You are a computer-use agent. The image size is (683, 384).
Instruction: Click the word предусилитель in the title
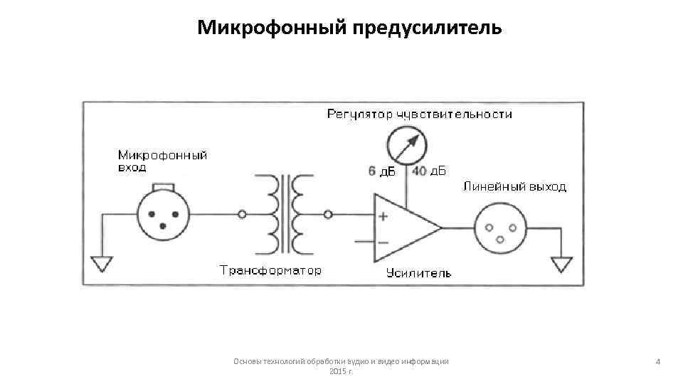pyautogui.click(x=423, y=28)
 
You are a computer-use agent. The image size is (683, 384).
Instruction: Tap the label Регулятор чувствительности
pyautogui.click(x=419, y=114)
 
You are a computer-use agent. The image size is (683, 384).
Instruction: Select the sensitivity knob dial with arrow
pyautogui.click(x=406, y=145)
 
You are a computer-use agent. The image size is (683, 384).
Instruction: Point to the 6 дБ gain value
pyautogui.click(x=381, y=171)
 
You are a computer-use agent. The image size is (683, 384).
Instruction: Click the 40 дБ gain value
pyautogui.click(x=429, y=171)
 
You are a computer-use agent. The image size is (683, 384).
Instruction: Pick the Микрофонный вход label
pyautogui.click(x=162, y=161)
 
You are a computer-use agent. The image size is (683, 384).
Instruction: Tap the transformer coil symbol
pyautogui.click(x=290, y=213)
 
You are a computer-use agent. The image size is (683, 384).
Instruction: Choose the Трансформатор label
pyautogui.click(x=270, y=271)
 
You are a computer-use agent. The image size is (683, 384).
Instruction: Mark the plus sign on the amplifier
pyautogui.click(x=383, y=217)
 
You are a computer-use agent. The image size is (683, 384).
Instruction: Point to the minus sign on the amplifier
pyautogui.click(x=383, y=242)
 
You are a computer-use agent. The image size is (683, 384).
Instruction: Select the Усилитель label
pyautogui.click(x=418, y=273)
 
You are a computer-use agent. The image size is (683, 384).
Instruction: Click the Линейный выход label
pyautogui.click(x=514, y=187)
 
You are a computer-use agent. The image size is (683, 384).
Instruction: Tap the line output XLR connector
pyautogui.click(x=500, y=228)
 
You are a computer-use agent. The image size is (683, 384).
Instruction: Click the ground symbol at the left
pyautogui.click(x=102, y=264)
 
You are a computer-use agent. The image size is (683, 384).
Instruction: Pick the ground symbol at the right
pyautogui.click(x=562, y=264)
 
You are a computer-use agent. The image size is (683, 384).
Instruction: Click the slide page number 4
pyautogui.click(x=658, y=362)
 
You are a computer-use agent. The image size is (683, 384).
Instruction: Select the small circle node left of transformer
pyautogui.click(x=242, y=213)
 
